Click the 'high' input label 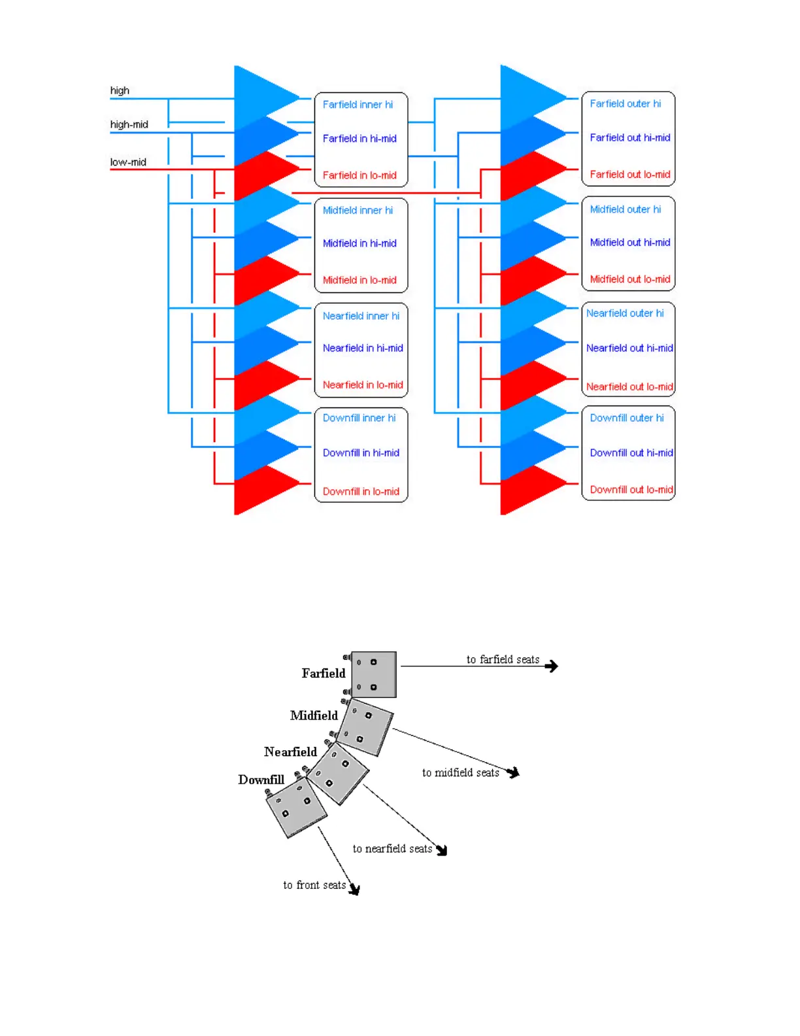120,90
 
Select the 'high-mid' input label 129,124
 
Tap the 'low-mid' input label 128,162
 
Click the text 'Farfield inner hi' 358,105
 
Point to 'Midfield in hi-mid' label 359,243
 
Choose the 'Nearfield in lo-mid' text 363,385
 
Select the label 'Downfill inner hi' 359,418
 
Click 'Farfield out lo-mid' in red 630,175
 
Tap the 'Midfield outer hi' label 625,209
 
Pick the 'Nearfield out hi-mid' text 629,348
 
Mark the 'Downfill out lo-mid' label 631,489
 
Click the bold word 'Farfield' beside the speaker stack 323,673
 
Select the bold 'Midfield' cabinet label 314,716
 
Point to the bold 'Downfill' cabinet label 261,780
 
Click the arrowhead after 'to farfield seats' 552,666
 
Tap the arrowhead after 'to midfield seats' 514,772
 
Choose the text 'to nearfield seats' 392,849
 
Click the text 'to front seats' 314,885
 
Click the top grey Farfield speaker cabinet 374,674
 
